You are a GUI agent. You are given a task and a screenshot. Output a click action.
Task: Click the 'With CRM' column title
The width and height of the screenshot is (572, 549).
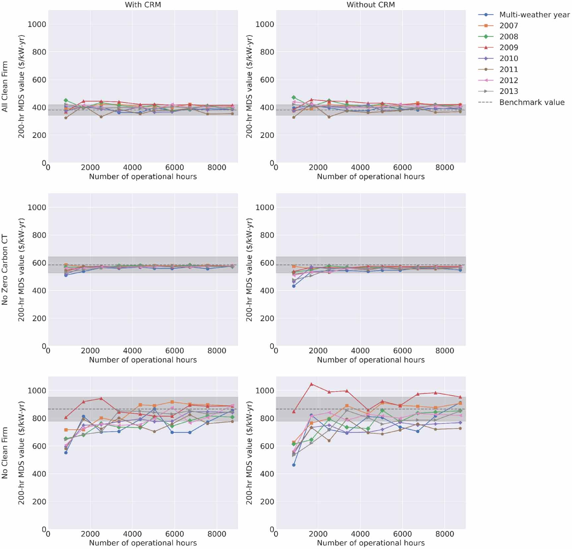point(143,5)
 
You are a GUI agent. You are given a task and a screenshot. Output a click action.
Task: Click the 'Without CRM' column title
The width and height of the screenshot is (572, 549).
point(370,5)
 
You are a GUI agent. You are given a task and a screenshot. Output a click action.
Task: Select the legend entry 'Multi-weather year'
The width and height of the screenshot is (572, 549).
point(534,15)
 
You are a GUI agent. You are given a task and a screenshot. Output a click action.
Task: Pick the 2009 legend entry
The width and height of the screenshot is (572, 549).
point(508,47)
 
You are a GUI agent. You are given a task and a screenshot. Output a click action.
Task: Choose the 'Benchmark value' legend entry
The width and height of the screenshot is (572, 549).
point(532,102)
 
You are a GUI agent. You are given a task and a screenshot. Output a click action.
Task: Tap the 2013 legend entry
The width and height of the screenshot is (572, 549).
point(508,91)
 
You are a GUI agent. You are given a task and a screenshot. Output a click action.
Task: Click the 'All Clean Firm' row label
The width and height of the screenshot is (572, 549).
point(5,86)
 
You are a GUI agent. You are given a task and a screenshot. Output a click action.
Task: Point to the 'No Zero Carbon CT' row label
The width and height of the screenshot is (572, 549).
point(5,270)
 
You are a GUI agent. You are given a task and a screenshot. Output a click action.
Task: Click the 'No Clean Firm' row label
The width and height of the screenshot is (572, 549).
point(5,453)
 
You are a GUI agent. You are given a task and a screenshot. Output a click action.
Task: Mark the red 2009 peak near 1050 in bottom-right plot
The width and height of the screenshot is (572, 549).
point(311,384)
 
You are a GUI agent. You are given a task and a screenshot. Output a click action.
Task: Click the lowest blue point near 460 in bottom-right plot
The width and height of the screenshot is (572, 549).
point(294,465)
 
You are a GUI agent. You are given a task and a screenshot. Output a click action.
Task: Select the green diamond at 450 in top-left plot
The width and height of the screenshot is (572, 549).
point(66,100)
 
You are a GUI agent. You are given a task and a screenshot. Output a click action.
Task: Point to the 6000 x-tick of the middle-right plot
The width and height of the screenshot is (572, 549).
point(402,350)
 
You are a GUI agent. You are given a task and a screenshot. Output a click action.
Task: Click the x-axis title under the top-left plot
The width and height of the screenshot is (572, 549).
point(143,176)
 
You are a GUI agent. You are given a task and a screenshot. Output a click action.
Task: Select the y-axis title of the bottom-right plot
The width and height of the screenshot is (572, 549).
point(249,453)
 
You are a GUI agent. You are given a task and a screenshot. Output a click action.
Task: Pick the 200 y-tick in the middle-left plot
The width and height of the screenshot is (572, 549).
point(39,318)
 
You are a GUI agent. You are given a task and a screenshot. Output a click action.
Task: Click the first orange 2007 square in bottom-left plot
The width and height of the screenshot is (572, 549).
point(66,430)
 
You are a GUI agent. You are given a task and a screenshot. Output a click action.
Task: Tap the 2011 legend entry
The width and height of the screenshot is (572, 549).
point(508,69)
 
